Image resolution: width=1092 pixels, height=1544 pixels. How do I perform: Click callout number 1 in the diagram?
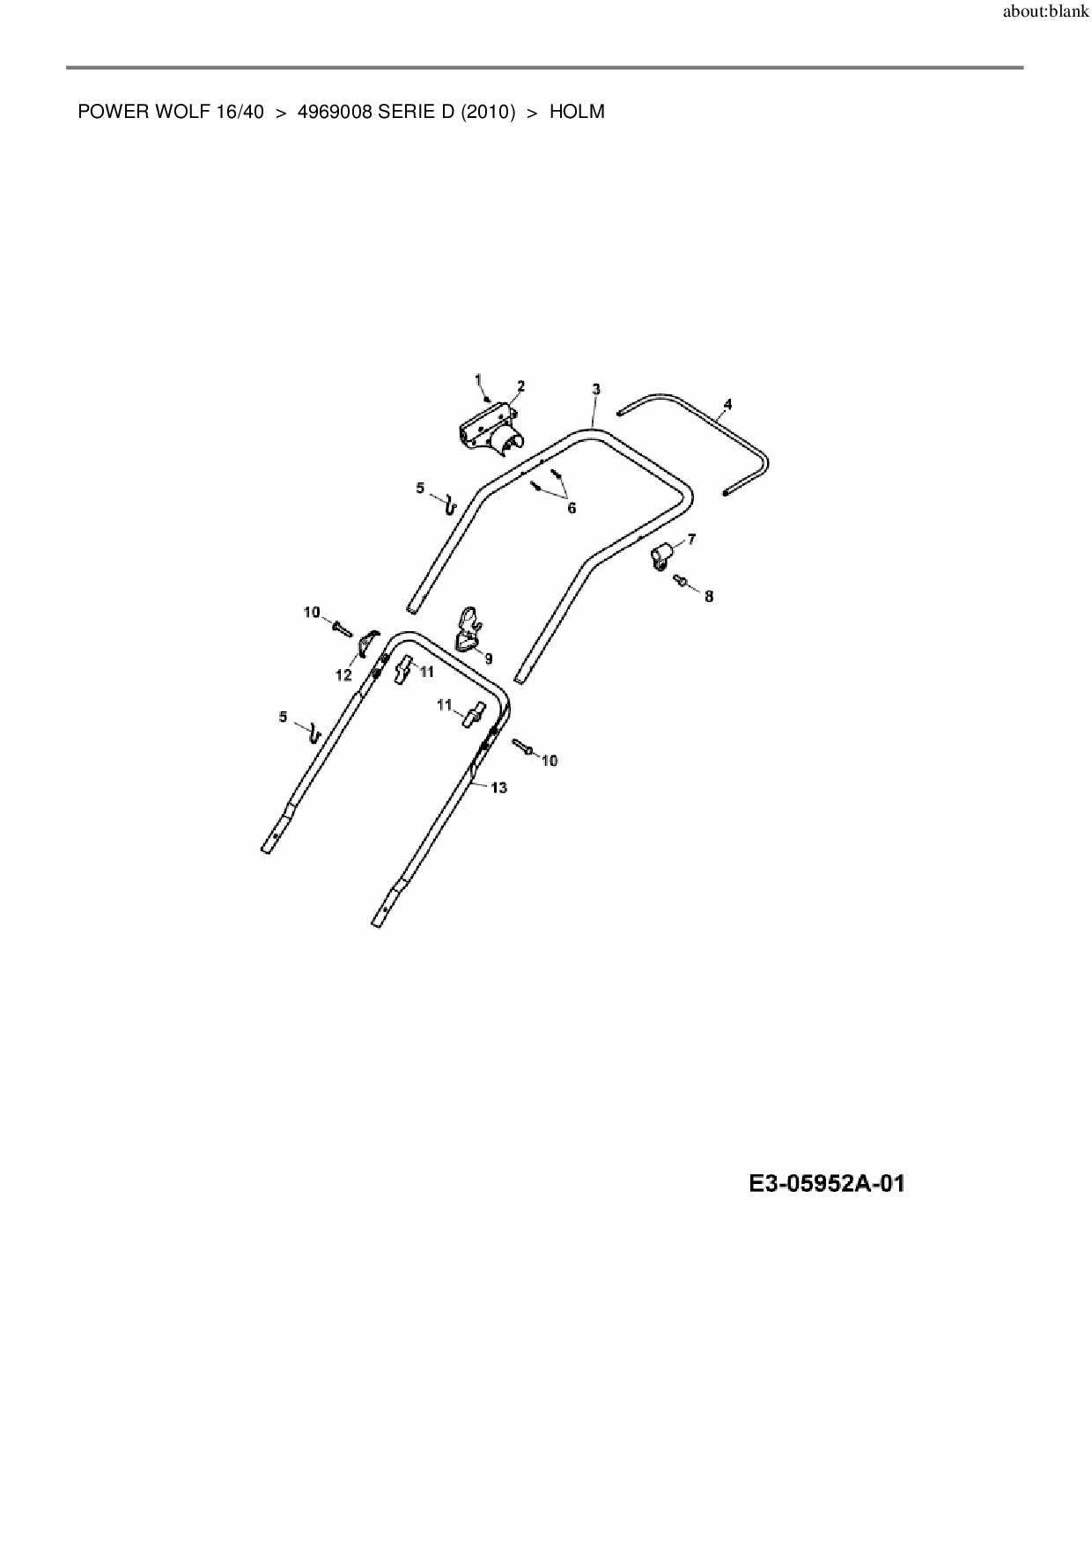479,379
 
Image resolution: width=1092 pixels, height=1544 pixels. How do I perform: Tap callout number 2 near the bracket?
520,386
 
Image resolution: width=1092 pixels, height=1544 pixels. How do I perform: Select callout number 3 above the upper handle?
596,389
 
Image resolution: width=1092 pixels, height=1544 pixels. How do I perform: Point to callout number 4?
727,405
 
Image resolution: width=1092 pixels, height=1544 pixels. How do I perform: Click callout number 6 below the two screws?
572,509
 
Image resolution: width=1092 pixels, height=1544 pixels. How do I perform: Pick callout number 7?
691,539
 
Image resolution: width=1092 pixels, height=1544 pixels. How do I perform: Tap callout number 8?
709,597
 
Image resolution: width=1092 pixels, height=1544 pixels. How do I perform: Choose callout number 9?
488,658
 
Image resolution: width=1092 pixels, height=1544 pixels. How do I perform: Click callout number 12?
343,676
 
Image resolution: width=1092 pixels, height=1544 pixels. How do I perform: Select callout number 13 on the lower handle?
498,788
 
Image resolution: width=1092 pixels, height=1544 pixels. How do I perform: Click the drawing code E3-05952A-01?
827,1184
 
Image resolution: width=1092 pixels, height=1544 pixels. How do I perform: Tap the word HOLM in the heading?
577,113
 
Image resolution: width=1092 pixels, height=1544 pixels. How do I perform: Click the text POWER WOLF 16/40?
171,113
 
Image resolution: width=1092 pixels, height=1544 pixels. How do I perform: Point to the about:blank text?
1045,13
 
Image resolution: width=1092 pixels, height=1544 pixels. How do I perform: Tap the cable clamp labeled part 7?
662,555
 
